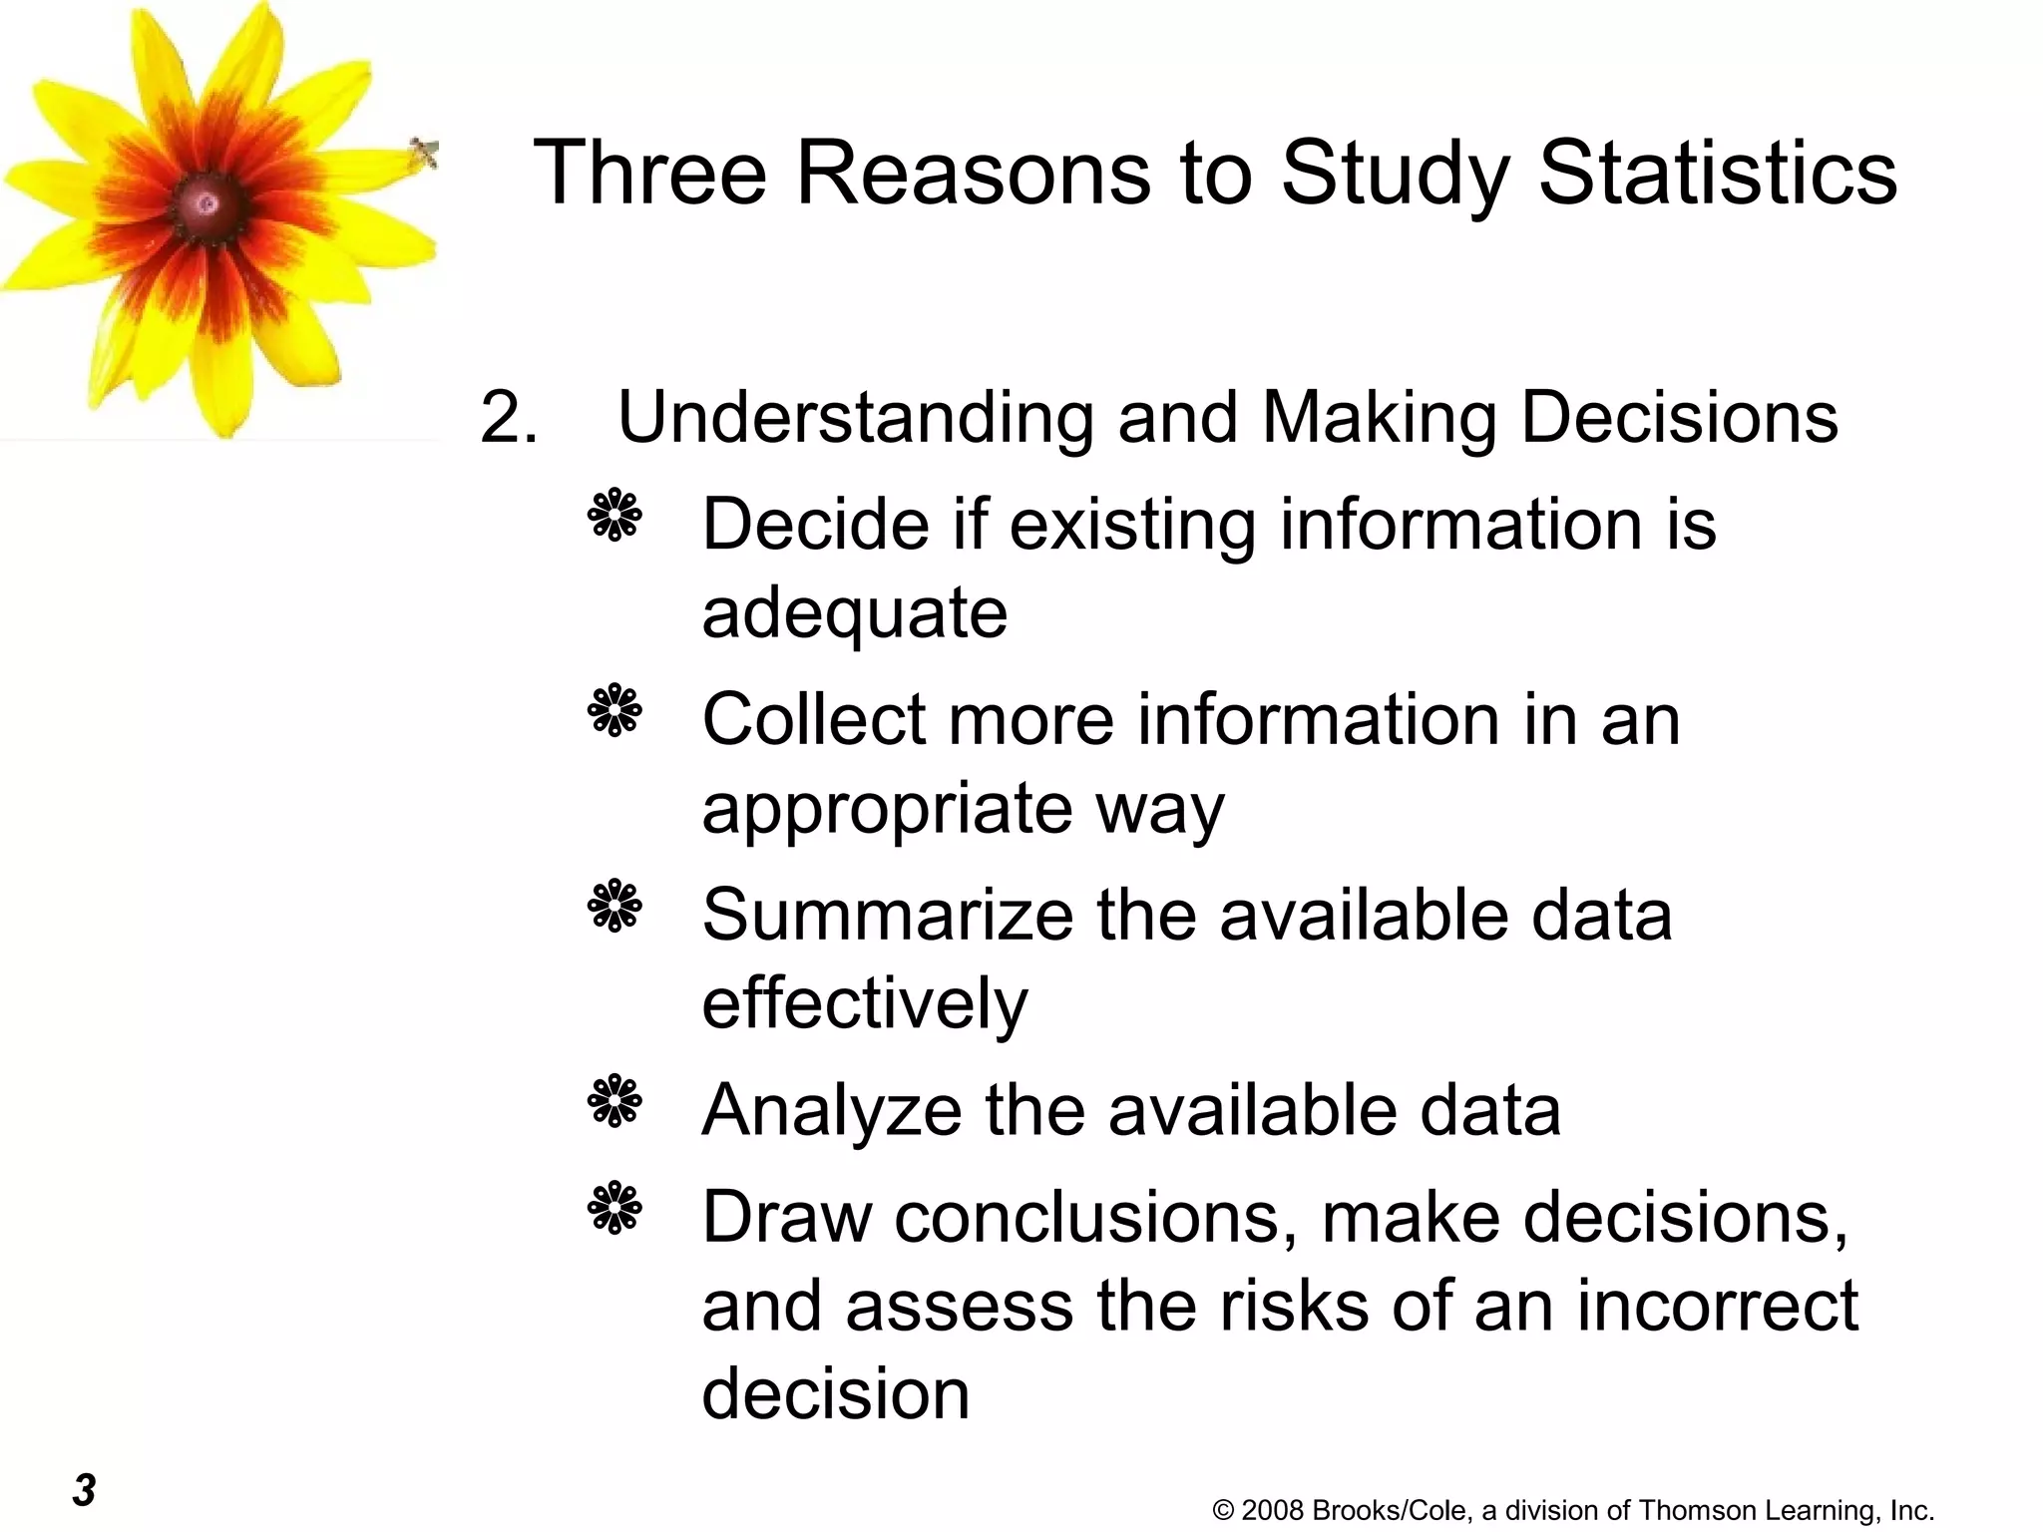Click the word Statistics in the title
click(1717, 173)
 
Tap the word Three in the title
click(649, 173)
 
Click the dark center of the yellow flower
click(206, 204)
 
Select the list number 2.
click(508, 417)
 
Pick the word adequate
click(854, 612)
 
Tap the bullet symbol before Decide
click(614, 515)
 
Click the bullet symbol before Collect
click(614, 710)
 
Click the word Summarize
click(887, 915)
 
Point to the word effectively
click(864, 1002)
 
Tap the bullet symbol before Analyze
click(614, 1101)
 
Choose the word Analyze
click(831, 1110)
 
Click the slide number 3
click(84, 1490)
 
